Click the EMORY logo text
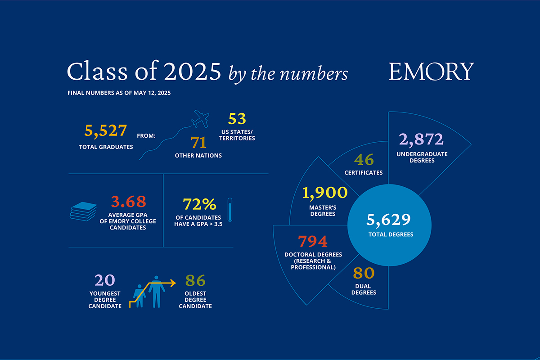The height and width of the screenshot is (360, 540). pyautogui.click(x=431, y=71)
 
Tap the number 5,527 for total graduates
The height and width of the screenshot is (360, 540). pyautogui.click(x=106, y=131)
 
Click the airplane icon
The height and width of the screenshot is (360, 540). pyautogui.click(x=200, y=119)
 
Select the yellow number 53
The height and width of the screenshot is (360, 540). pyautogui.click(x=237, y=119)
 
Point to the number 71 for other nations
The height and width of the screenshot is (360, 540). pyautogui.click(x=198, y=142)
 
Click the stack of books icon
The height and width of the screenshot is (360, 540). pyautogui.click(x=83, y=211)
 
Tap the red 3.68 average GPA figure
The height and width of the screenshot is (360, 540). pyautogui.click(x=129, y=202)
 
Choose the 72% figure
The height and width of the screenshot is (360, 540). pyautogui.click(x=199, y=204)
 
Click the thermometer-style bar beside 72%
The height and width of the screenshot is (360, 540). pyautogui.click(x=230, y=210)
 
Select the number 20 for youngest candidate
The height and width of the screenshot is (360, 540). pyautogui.click(x=104, y=280)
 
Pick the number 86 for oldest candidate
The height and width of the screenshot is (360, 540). pyautogui.click(x=195, y=280)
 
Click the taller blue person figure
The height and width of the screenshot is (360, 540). pyautogui.click(x=157, y=292)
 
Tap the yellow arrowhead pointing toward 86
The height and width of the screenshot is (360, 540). pyautogui.click(x=173, y=283)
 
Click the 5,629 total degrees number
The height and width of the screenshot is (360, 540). pyautogui.click(x=388, y=220)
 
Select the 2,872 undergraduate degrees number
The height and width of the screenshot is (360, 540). pyautogui.click(x=421, y=139)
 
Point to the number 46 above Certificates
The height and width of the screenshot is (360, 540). pyautogui.click(x=364, y=160)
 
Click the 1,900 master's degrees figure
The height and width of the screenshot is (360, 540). pyautogui.click(x=325, y=193)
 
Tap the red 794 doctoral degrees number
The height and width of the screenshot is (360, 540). pyautogui.click(x=313, y=241)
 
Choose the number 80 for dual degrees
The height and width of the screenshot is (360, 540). pyautogui.click(x=364, y=273)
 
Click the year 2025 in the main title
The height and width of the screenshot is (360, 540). pyautogui.click(x=193, y=72)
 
